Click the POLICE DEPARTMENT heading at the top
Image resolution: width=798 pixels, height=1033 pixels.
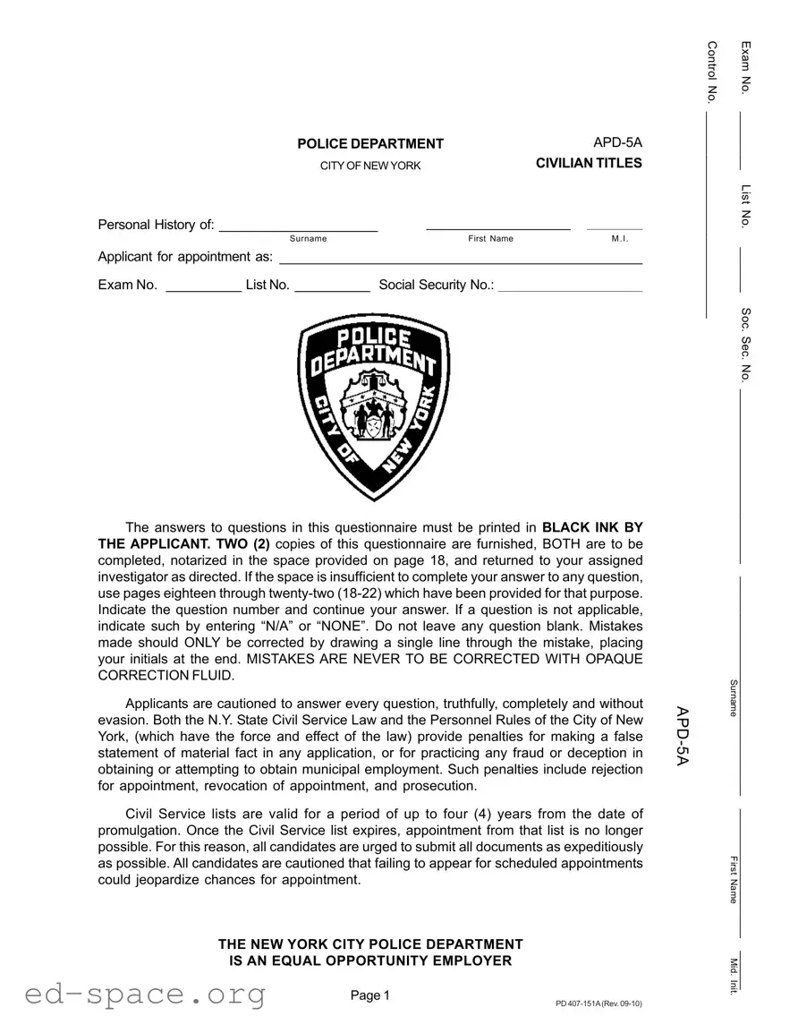click(370, 144)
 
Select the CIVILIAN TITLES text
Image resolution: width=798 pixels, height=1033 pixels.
click(589, 163)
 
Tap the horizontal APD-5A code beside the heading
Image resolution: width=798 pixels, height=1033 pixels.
click(617, 142)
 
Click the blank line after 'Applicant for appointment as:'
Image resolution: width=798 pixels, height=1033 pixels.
click(461, 259)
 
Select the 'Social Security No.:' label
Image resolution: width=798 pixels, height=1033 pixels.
click(437, 285)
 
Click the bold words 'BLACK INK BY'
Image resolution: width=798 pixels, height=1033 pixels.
click(592, 527)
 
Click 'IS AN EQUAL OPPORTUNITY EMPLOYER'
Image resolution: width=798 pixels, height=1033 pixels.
click(370, 960)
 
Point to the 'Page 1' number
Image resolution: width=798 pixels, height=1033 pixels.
click(370, 995)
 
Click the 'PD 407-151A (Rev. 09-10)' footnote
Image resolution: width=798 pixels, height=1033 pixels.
click(598, 1003)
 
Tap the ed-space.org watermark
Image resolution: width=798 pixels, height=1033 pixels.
click(145, 994)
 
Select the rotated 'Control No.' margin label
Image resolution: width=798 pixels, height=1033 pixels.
click(713, 73)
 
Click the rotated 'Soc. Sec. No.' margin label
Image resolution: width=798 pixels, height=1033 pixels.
click(745, 344)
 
